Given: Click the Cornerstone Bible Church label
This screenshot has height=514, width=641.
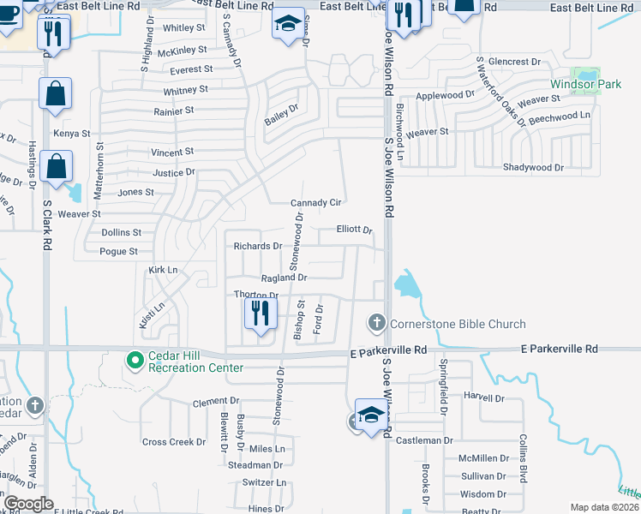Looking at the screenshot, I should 458,324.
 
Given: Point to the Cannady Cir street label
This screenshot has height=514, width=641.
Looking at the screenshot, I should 316,203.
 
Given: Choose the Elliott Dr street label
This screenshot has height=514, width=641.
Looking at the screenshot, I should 354,230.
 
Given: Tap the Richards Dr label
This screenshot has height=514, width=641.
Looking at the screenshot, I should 258,246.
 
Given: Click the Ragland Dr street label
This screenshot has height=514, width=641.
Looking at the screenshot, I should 284,278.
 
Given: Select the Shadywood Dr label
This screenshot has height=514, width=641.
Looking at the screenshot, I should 533,168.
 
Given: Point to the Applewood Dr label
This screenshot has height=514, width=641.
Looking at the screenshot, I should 445,95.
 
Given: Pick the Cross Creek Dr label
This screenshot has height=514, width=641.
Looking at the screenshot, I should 174,442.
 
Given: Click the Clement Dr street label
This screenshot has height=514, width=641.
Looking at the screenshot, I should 215,401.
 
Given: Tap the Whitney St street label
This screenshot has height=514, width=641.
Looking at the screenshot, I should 185,89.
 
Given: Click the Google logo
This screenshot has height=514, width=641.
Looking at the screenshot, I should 28,504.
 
